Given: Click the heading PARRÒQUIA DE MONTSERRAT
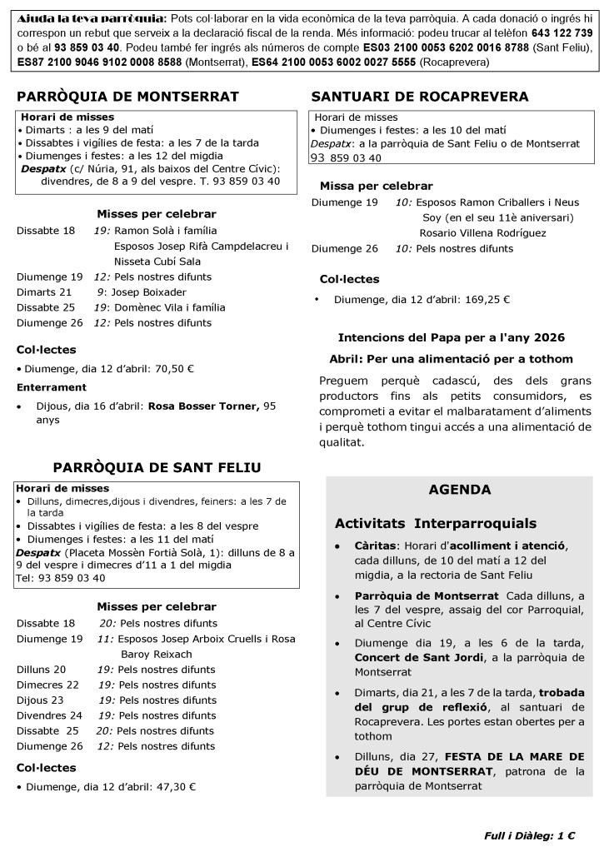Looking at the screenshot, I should [128, 97].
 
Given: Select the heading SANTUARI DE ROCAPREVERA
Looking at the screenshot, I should [419, 97].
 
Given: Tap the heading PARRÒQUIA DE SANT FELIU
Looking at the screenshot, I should [157, 466].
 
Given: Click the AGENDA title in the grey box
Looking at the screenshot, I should [459, 490].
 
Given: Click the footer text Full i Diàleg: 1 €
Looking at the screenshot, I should [530, 835].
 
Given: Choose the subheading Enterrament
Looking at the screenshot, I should [52, 387].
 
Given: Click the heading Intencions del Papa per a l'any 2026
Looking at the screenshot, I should [451, 337].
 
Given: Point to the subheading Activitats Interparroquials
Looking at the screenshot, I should [436, 524].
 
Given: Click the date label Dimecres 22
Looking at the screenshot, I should [47, 685].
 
